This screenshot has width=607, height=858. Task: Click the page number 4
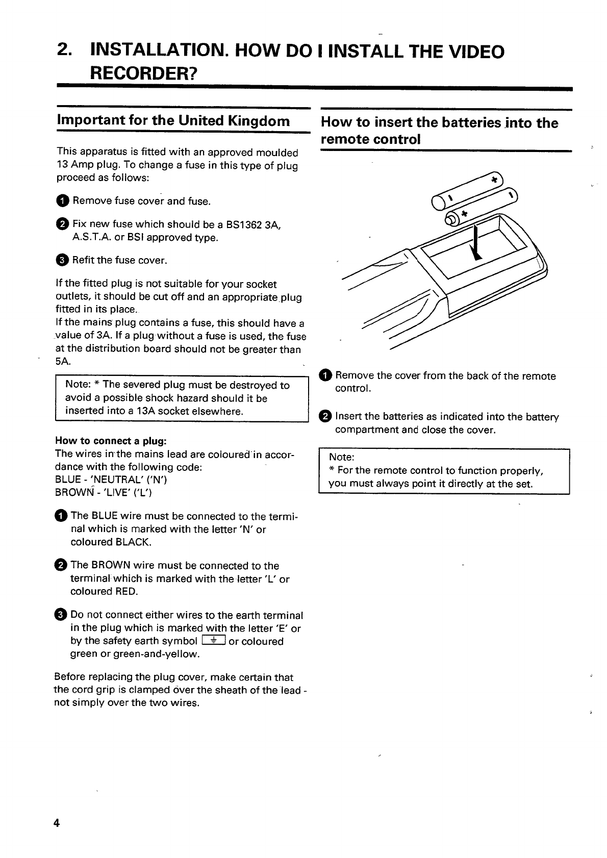click(x=57, y=823)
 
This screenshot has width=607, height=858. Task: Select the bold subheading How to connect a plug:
click(x=111, y=441)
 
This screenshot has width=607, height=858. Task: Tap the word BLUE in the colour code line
click(x=67, y=480)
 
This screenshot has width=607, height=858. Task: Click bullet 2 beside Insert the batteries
click(x=324, y=417)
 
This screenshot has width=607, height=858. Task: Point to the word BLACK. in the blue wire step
click(x=136, y=542)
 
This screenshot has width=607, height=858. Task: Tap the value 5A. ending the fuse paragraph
click(x=63, y=361)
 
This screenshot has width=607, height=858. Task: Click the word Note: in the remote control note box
click(x=341, y=457)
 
